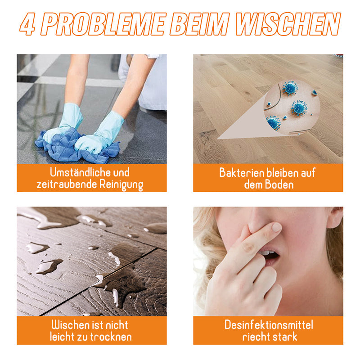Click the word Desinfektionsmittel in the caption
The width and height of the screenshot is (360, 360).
click(268, 325)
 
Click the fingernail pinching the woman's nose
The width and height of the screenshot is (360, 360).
click(277, 227)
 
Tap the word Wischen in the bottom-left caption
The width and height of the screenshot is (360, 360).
click(68, 325)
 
